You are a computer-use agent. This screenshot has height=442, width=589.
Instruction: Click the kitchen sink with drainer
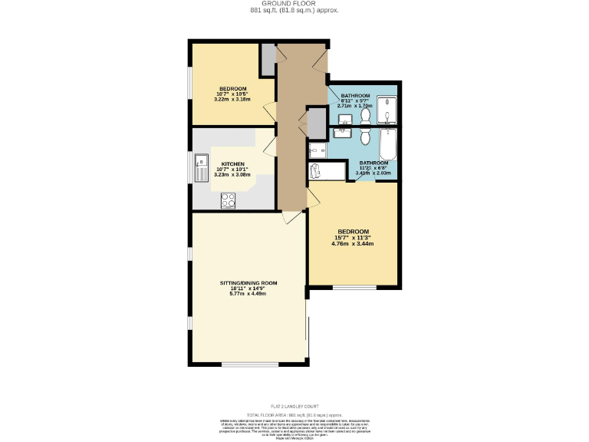coord(201,167)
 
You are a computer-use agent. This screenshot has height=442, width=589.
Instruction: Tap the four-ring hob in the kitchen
coord(228,201)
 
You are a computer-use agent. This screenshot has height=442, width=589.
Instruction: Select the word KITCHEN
coord(233,164)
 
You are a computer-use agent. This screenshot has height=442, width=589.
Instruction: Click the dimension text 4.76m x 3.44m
coord(353,244)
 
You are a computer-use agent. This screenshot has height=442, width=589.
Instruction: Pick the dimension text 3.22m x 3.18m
coord(232,99)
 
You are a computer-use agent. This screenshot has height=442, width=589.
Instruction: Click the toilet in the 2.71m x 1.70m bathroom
coord(365,115)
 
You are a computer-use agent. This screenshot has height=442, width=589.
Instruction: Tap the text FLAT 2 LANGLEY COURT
coord(294,407)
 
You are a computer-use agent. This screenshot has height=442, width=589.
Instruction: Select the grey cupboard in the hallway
coord(316,122)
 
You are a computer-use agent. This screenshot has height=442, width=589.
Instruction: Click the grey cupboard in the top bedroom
coord(268,60)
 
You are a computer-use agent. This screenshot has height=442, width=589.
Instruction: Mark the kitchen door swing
coord(268,144)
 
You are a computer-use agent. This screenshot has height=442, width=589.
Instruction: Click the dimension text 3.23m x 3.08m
coord(233,175)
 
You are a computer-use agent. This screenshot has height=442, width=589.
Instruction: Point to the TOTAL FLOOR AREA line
coord(294,414)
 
